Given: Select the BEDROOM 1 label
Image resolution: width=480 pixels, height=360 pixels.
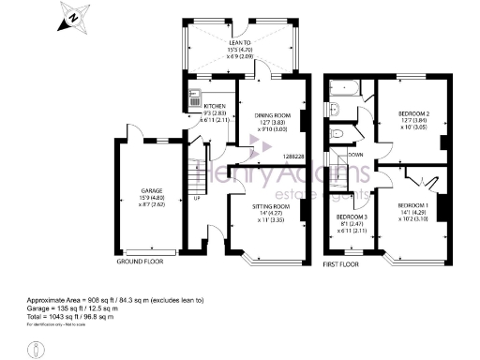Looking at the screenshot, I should [x=413, y=204].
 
